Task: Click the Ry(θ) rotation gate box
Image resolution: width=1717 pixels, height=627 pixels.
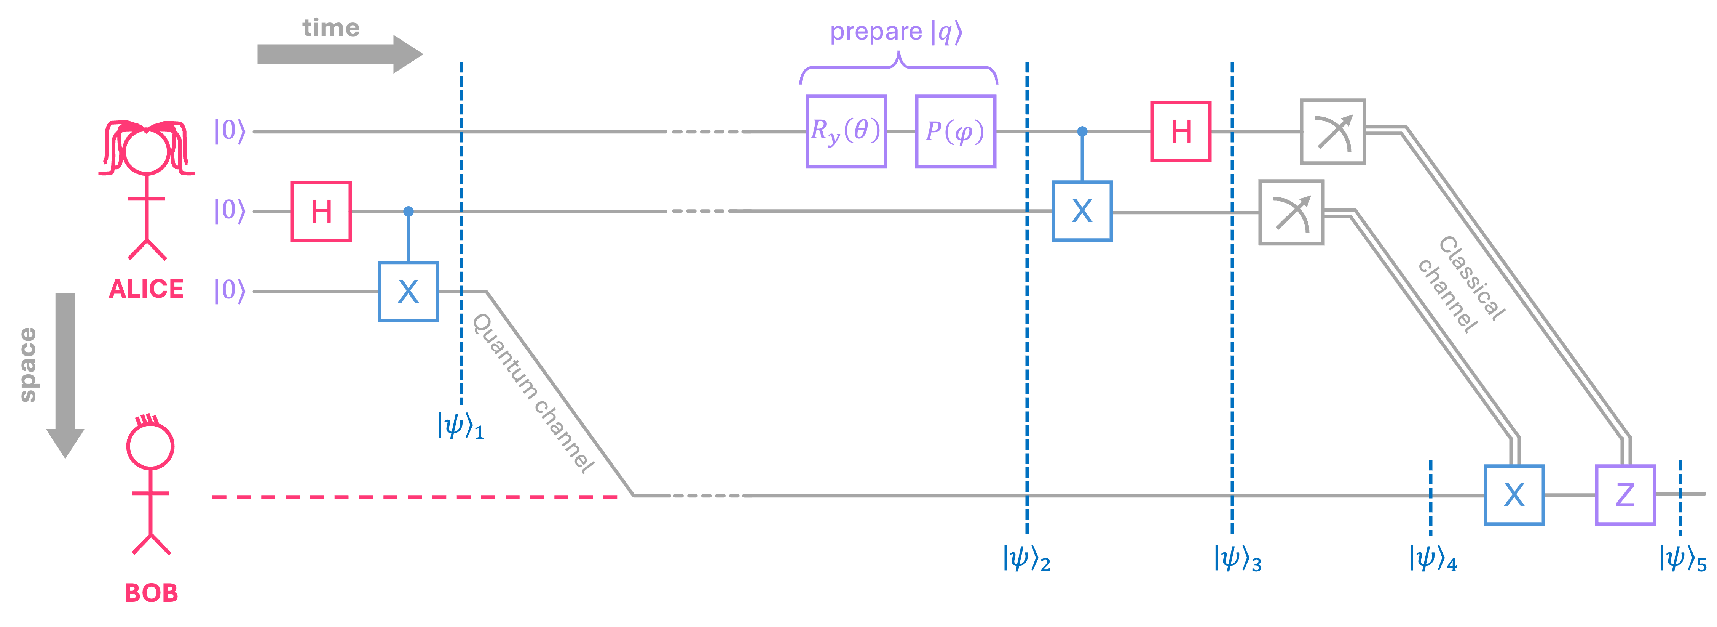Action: tap(846, 131)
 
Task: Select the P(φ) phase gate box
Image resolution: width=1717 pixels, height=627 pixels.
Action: tap(955, 131)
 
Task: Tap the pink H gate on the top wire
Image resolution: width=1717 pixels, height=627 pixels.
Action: tap(1181, 131)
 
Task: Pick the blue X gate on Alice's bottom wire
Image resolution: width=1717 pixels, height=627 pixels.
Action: tap(408, 292)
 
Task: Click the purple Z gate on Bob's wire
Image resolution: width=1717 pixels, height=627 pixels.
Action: tap(1625, 495)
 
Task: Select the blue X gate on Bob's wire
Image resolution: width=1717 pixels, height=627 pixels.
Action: tap(1514, 495)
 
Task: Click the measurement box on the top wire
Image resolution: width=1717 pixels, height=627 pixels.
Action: tap(1332, 131)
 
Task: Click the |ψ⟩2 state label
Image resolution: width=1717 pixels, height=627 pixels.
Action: tap(1026, 559)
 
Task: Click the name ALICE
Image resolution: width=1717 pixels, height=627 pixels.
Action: tap(146, 289)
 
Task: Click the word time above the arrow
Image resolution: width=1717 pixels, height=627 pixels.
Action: tap(330, 28)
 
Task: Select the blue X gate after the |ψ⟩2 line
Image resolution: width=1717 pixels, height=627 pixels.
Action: tap(1082, 212)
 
